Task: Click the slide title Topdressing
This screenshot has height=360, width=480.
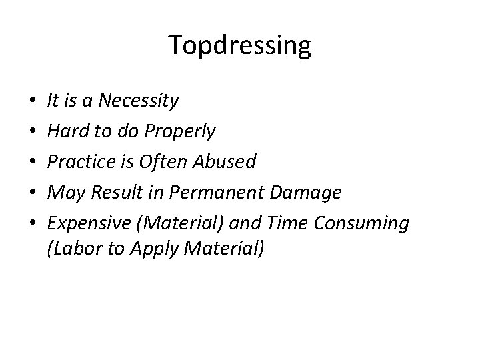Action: (x=239, y=46)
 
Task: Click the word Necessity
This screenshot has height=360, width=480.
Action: (x=138, y=101)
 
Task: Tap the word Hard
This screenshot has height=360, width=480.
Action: (x=65, y=132)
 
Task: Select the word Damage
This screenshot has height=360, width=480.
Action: (x=308, y=193)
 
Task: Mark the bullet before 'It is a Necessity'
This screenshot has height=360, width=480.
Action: (x=32, y=102)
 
